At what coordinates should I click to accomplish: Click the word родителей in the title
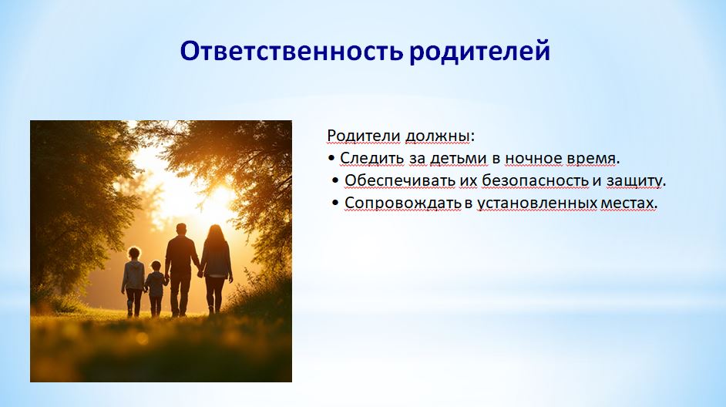[x=479, y=52]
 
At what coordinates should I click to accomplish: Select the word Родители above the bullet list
[x=364, y=136]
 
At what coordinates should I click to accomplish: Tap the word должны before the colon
[x=438, y=136]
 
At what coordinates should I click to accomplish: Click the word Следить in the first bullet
[x=371, y=158]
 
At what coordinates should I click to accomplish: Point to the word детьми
[x=459, y=158]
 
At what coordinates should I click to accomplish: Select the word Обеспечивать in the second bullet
[x=400, y=180]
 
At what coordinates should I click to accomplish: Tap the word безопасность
[x=535, y=180]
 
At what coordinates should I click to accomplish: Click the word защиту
[x=634, y=181]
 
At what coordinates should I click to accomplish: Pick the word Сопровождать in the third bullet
[x=403, y=203]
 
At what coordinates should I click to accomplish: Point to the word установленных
[x=537, y=203]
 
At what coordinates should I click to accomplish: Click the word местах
[x=628, y=203]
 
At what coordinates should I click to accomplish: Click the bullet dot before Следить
[x=331, y=159]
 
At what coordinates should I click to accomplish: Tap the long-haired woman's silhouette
[x=216, y=268]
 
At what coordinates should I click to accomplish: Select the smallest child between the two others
[x=156, y=288]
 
